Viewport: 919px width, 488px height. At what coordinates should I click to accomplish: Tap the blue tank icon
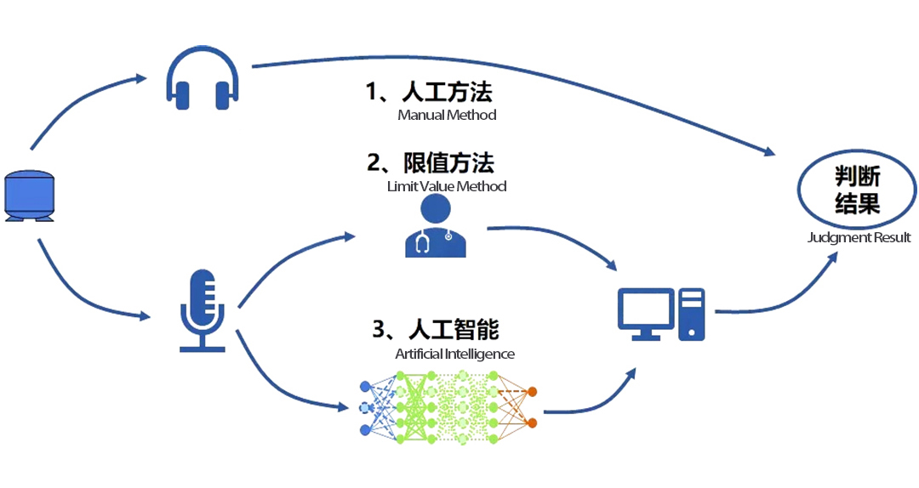tap(30, 196)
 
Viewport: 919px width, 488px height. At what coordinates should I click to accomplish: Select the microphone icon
tap(203, 309)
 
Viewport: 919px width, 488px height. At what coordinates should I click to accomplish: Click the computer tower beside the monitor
tap(692, 314)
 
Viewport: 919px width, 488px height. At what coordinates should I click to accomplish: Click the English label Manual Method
tap(447, 115)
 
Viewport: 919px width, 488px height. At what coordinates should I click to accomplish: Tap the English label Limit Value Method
tap(447, 186)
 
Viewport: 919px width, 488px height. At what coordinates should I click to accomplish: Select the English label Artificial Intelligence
tap(454, 354)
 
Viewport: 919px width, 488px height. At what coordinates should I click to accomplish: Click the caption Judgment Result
tap(859, 238)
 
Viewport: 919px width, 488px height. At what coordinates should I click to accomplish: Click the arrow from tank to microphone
tap(81, 293)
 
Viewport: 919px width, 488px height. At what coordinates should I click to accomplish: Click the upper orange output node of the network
tap(532, 392)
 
